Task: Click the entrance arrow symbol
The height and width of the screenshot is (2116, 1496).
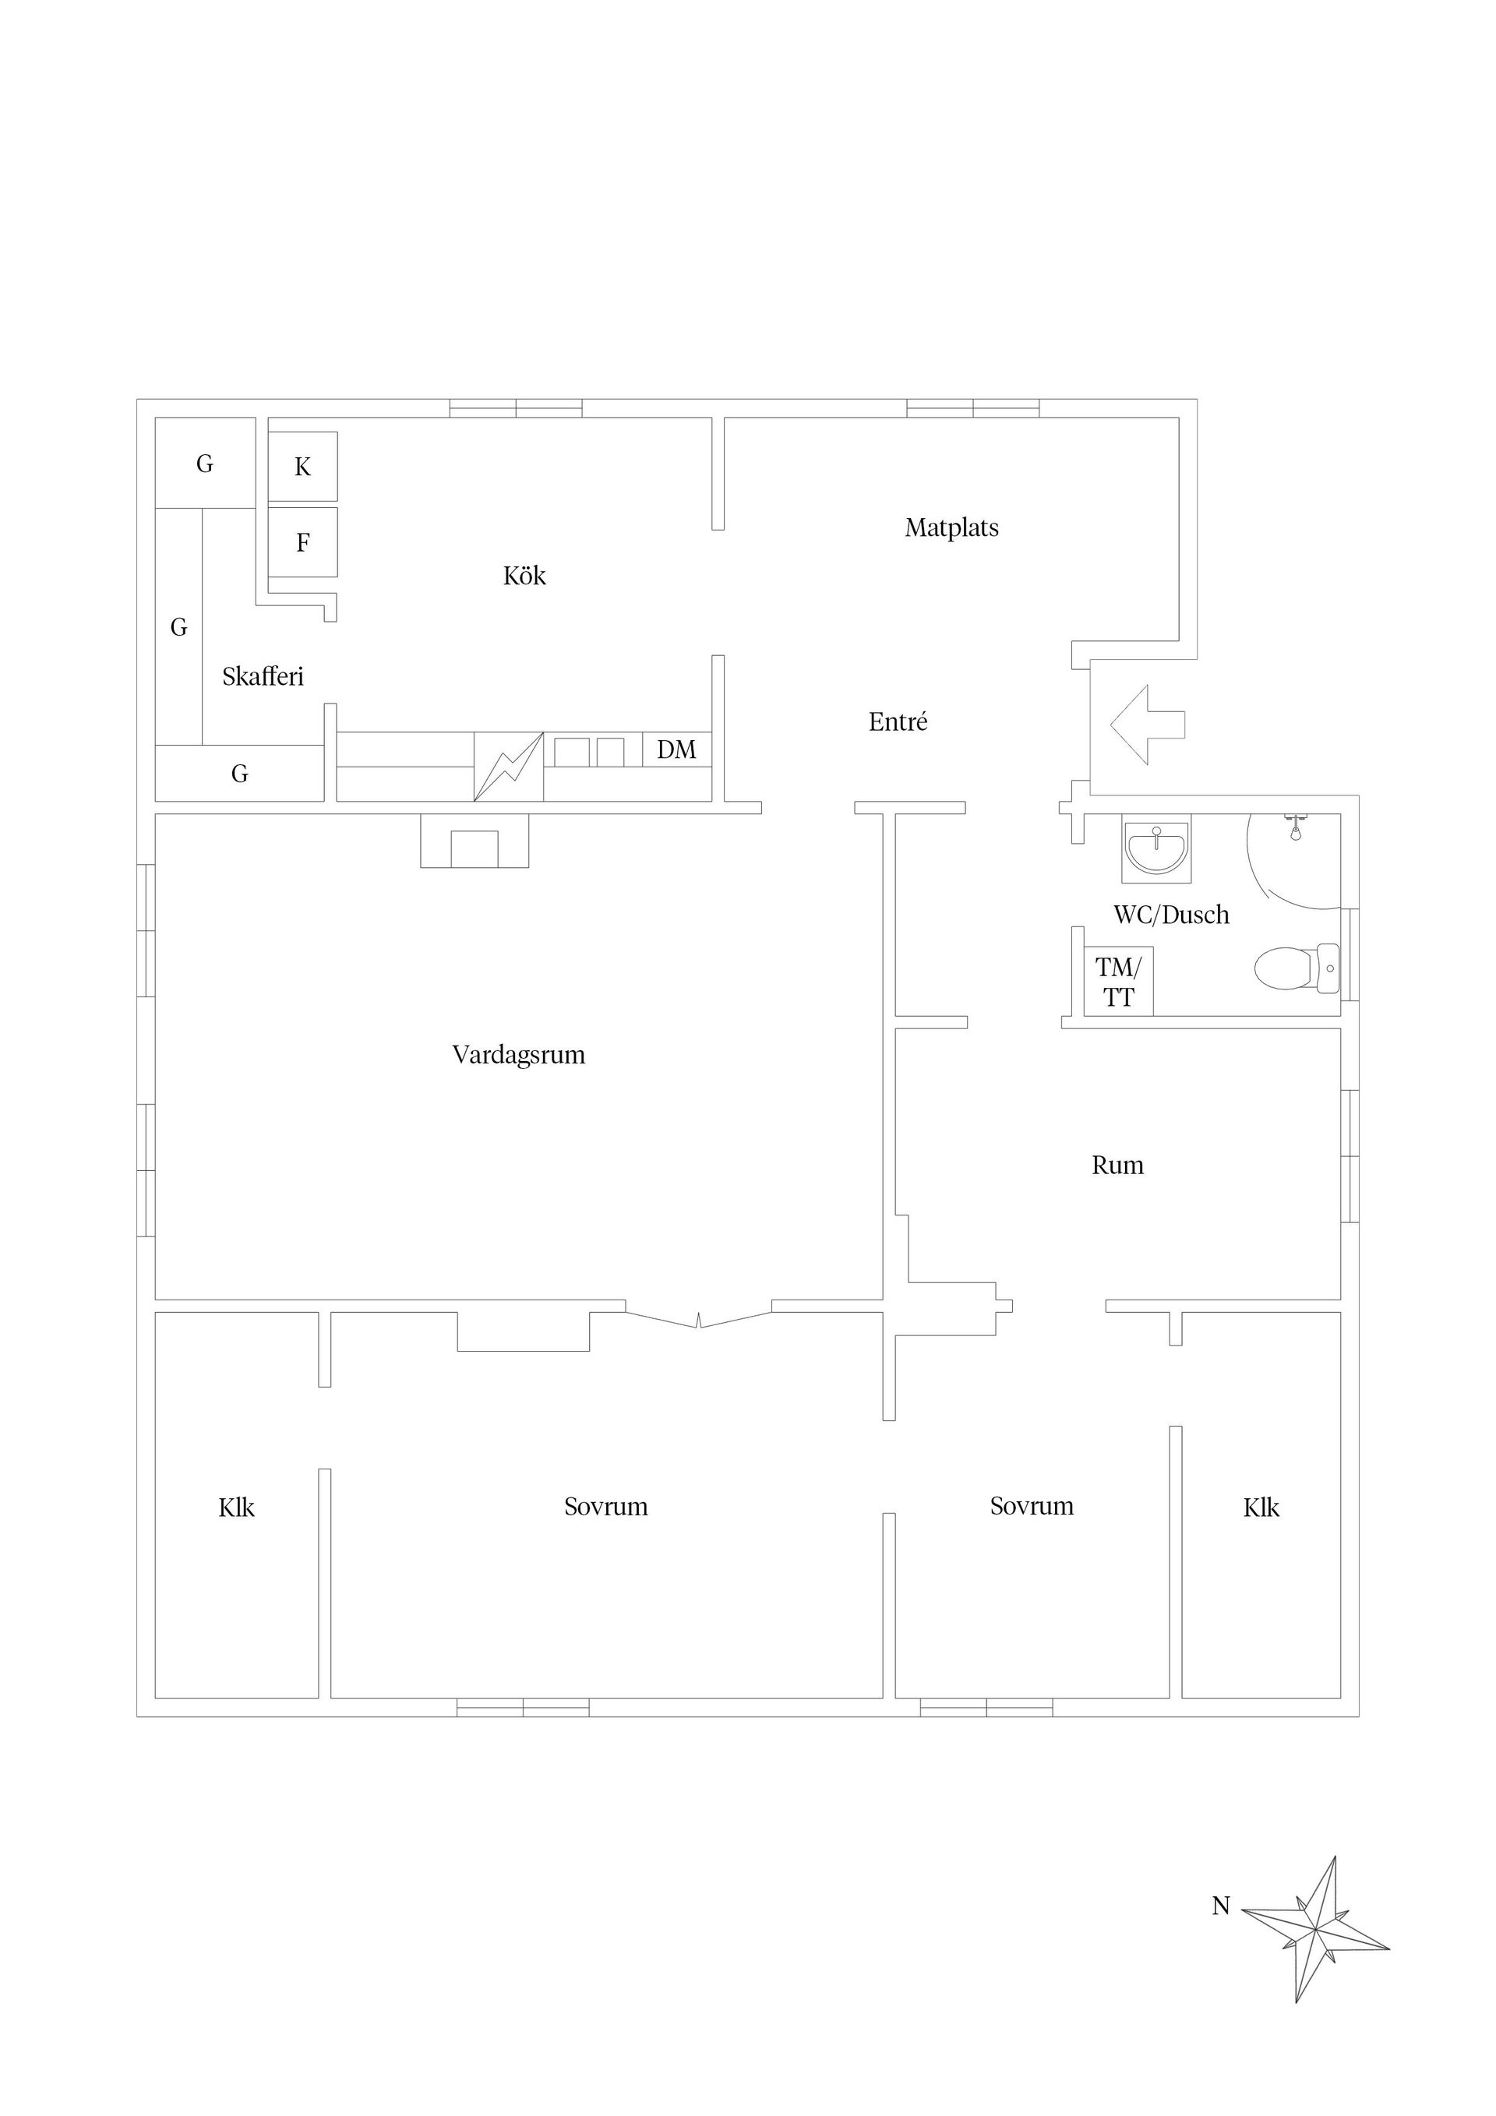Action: pyautogui.click(x=1148, y=725)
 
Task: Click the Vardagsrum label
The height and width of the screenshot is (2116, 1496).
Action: pyautogui.click(x=518, y=1055)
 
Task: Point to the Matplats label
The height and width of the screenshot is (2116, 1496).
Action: pyautogui.click(x=951, y=528)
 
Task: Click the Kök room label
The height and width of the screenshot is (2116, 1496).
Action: pyautogui.click(x=524, y=576)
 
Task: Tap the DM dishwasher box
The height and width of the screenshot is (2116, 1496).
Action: pyautogui.click(x=676, y=749)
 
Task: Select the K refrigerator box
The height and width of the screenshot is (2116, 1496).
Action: pyautogui.click(x=302, y=467)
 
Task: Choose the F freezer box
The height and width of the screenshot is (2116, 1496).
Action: pyautogui.click(x=302, y=542)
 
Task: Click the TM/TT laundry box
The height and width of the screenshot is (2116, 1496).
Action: pyautogui.click(x=1118, y=982)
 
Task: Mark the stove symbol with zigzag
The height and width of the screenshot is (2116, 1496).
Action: pyautogui.click(x=508, y=766)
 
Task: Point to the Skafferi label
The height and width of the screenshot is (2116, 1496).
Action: pyautogui.click(x=263, y=677)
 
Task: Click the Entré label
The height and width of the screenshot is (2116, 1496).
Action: pyautogui.click(x=898, y=721)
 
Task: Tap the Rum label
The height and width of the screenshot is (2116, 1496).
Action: pyautogui.click(x=1117, y=1166)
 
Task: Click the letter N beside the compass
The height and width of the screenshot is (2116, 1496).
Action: pyautogui.click(x=1220, y=1906)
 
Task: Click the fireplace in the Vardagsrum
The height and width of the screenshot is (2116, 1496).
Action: pyautogui.click(x=475, y=841)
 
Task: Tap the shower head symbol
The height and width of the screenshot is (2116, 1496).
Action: pyautogui.click(x=1295, y=827)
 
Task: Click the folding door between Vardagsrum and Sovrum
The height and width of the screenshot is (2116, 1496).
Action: pyautogui.click(x=699, y=1319)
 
